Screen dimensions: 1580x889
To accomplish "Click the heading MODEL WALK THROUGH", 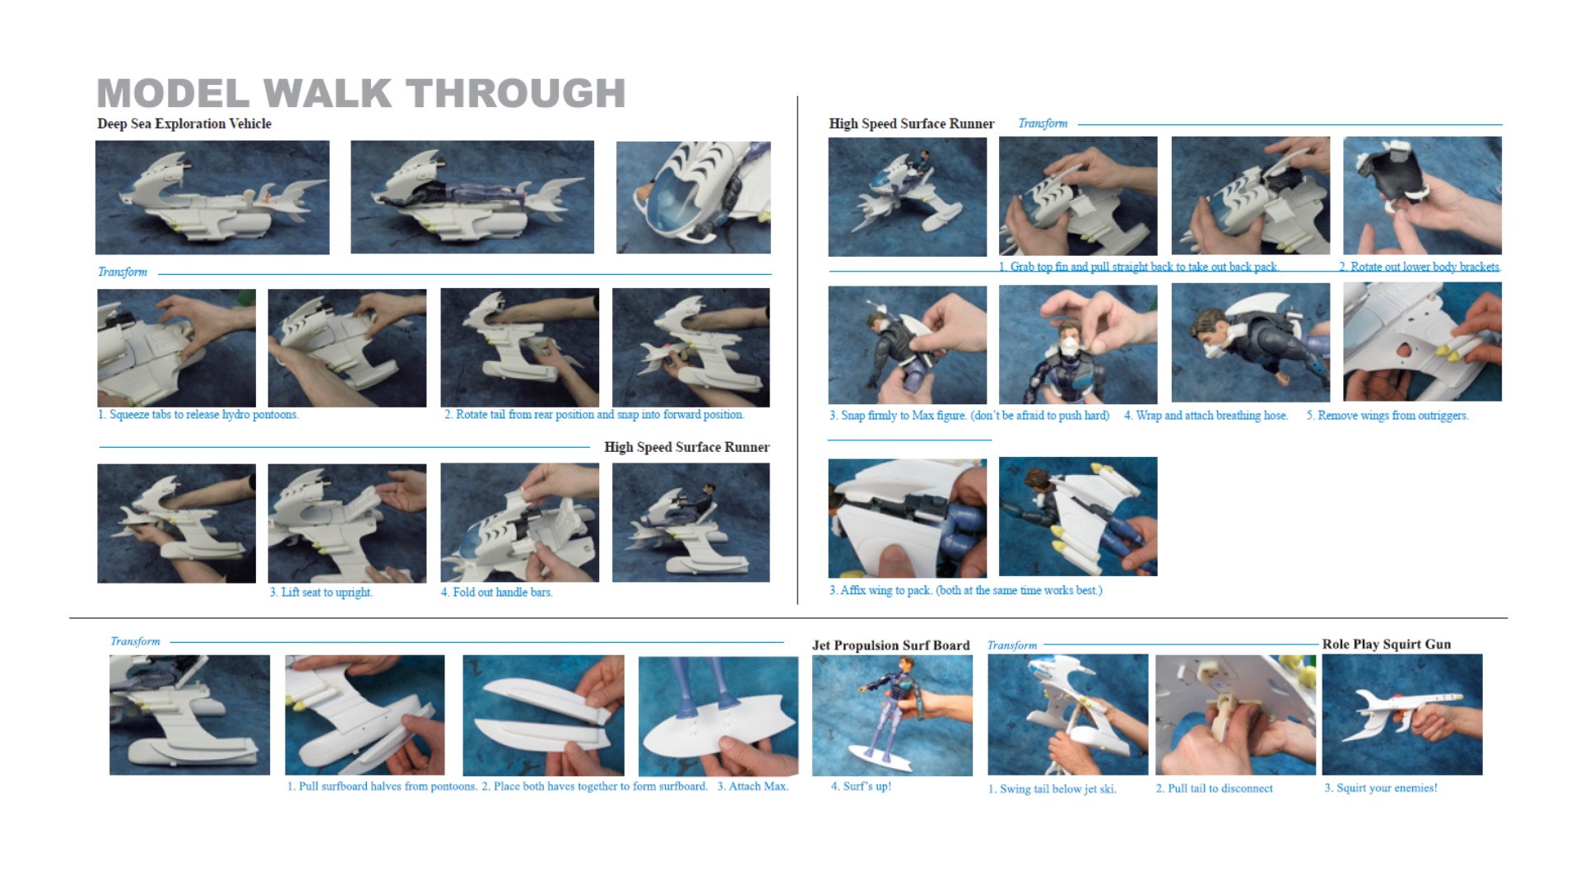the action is tap(361, 93).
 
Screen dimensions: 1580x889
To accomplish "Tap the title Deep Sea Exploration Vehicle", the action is tap(184, 123).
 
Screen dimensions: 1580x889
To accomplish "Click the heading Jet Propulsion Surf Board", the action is tap(891, 645).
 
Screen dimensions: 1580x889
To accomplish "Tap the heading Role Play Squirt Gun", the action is tap(1387, 645).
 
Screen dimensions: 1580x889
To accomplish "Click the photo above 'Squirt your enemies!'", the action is tap(1402, 714).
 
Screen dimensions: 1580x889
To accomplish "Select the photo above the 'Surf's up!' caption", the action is tap(892, 715).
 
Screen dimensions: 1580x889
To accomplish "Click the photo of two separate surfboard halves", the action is tap(543, 715).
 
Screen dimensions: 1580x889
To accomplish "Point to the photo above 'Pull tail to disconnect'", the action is tap(1235, 714).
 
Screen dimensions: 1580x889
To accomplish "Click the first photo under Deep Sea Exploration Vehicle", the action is tap(212, 198).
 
